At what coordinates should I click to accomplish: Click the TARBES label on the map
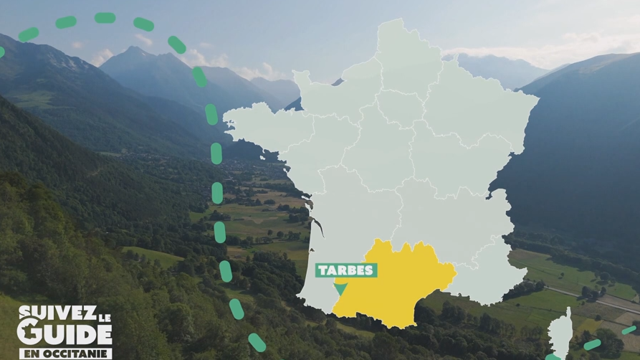[x=346, y=270]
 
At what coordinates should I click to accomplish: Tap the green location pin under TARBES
[x=340, y=288]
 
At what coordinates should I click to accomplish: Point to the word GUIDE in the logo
[x=65, y=333]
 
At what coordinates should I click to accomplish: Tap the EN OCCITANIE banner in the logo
[x=65, y=353]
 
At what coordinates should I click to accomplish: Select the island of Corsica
[x=560, y=333]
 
